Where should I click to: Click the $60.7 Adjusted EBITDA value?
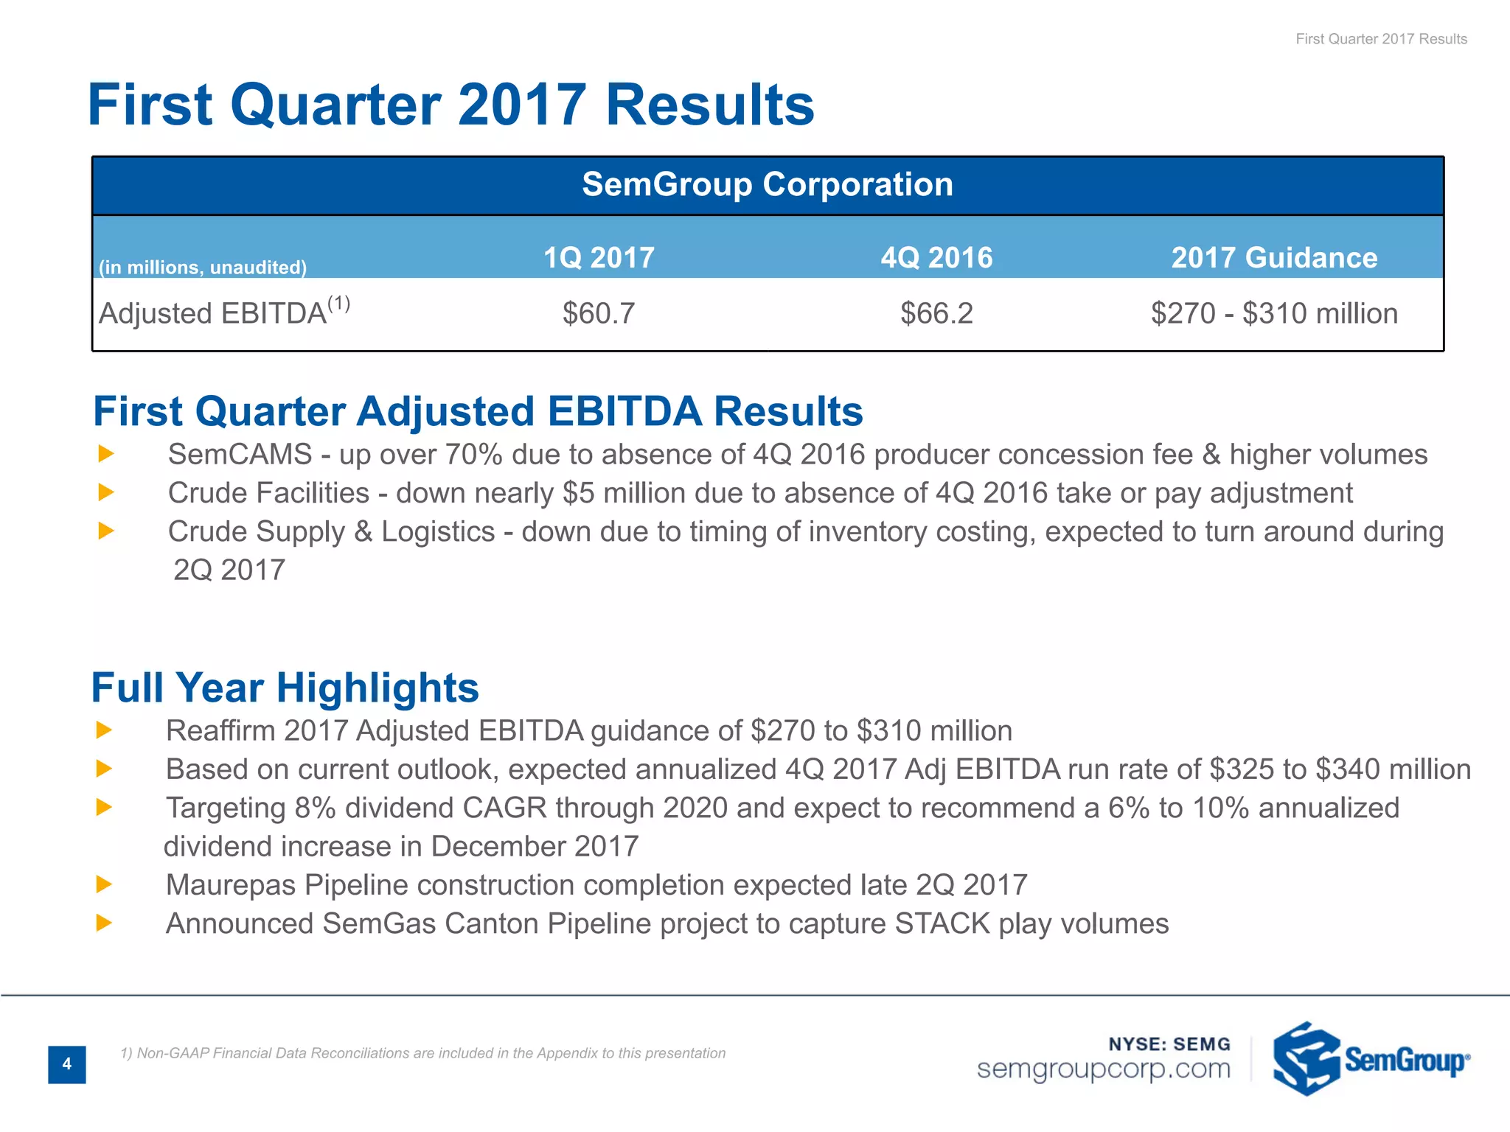click(x=598, y=313)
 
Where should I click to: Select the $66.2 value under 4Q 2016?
click(x=936, y=313)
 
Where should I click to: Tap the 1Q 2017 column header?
click(x=599, y=257)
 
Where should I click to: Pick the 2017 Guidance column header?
click(x=1274, y=257)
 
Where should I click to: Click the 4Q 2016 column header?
click(x=936, y=257)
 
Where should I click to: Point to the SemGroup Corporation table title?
click(x=767, y=184)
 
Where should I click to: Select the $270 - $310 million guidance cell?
click(x=1274, y=313)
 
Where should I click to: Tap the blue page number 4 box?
click(x=67, y=1063)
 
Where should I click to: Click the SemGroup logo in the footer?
click(x=1371, y=1059)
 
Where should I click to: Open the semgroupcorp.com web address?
click(x=1103, y=1069)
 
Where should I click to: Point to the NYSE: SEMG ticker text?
click(x=1169, y=1044)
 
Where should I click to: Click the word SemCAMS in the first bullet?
click(x=240, y=454)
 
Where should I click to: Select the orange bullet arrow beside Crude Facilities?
click(x=106, y=492)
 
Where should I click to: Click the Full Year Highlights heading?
click(x=285, y=688)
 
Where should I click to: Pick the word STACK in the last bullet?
click(x=942, y=923)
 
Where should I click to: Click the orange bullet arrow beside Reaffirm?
click(x=104, y=730)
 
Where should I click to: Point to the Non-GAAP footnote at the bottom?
click(x=423, y=1053)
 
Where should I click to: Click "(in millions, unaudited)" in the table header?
click(x=203, y=267)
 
